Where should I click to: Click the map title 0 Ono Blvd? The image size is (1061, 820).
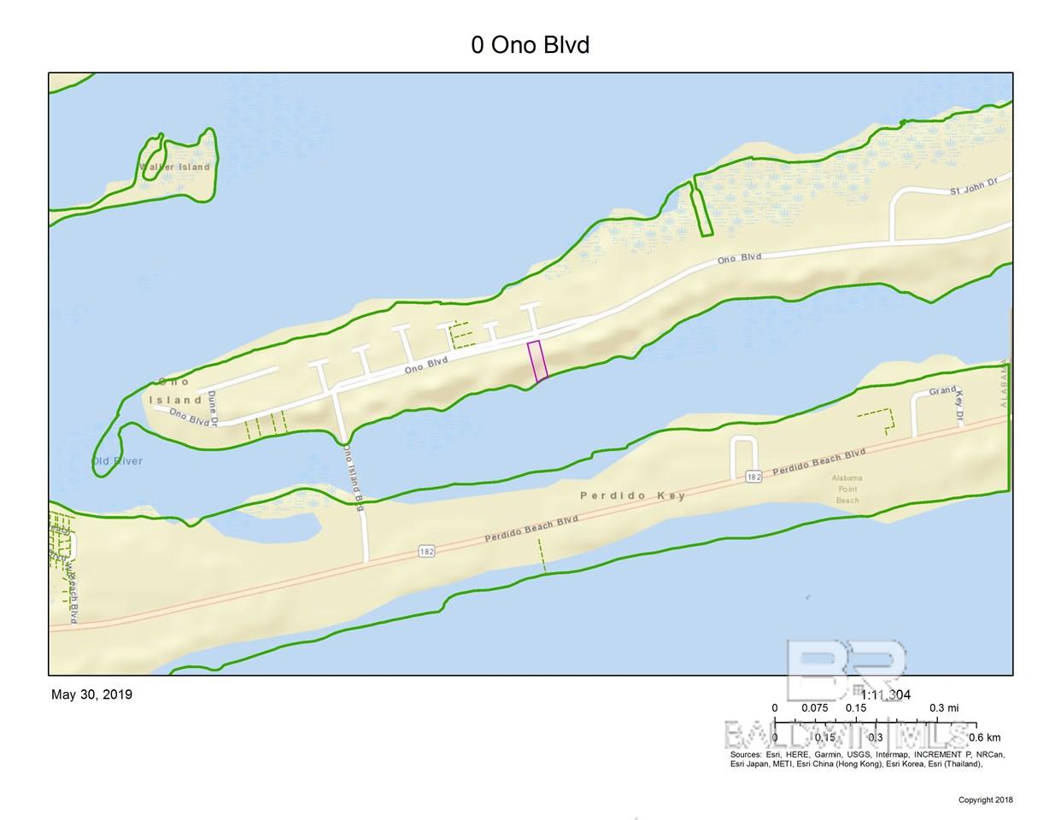530,44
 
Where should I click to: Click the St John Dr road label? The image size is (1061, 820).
974,187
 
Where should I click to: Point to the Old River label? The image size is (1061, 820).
117,461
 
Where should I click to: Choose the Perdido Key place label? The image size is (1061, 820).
632,495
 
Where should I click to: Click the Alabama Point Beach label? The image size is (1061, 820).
847,489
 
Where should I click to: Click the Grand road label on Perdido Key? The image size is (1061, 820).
942,391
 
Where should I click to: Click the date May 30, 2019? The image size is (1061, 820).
91,694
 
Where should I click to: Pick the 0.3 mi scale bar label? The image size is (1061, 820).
943,708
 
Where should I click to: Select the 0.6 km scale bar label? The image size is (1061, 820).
984,737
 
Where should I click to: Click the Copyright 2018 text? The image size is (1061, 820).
985,800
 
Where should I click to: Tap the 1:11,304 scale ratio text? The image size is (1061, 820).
885,694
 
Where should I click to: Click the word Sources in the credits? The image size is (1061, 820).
746,755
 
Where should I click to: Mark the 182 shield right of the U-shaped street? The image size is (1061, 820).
752,477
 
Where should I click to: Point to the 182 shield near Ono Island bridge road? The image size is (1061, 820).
427,552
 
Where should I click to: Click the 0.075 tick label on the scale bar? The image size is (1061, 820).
814,708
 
